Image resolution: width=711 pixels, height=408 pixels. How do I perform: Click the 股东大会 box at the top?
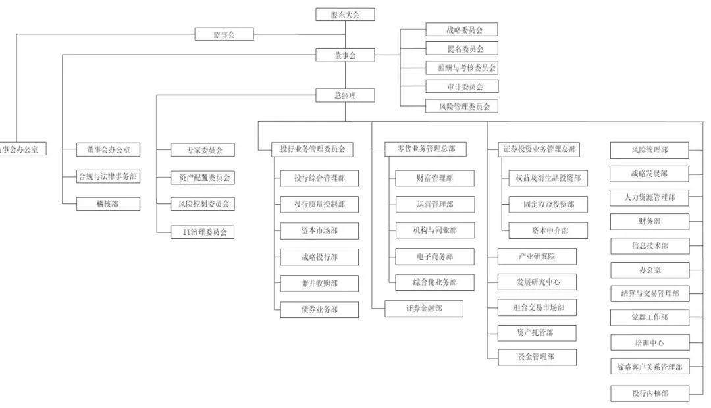[345, 14]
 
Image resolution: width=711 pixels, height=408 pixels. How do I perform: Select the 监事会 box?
[224, 34]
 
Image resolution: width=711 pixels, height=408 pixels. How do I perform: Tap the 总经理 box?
[345, 95]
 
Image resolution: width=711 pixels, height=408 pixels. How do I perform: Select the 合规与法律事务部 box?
[108, 176]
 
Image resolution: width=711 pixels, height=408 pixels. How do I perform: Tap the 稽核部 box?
[108, 203]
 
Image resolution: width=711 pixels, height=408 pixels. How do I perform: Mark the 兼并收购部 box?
[319, 283]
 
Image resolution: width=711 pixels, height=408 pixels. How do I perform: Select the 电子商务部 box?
[435, 257]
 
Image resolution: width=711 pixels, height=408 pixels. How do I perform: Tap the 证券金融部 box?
[424, 308]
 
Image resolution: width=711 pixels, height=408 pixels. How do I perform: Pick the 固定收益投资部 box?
[548, 204]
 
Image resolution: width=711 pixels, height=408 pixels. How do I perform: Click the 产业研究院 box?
[537, 256]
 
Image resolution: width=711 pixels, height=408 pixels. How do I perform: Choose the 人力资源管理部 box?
[649, 197]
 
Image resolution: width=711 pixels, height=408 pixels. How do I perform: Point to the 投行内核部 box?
[649, 393]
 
